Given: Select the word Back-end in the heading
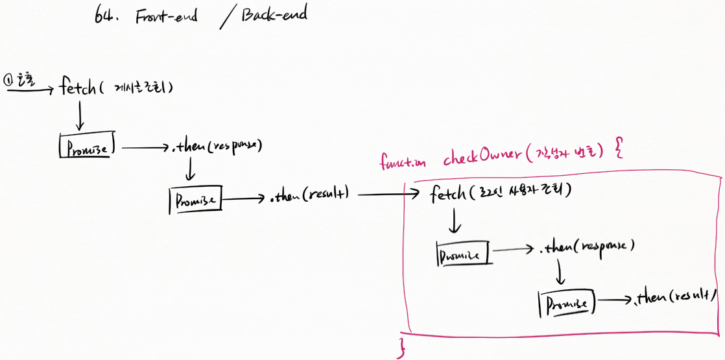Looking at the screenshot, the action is pyautogui.click(x=274, y=14).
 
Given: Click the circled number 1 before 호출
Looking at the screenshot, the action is pyautogui.click(x=8, y=80).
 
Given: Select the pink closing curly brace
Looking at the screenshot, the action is pyautogui.click(x=401, y=346).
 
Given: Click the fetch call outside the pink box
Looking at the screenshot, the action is pyautogui.click(x=80, y=86).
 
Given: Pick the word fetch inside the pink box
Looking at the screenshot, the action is pyautogui.click(x=448, y=193).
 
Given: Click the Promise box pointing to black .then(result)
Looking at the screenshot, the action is pyautogui.click(x=195, y=199).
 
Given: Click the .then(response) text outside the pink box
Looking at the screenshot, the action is pyautogui.click(x=217, y=146).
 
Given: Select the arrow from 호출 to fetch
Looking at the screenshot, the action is pyautogui.click(x=30, y=91).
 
